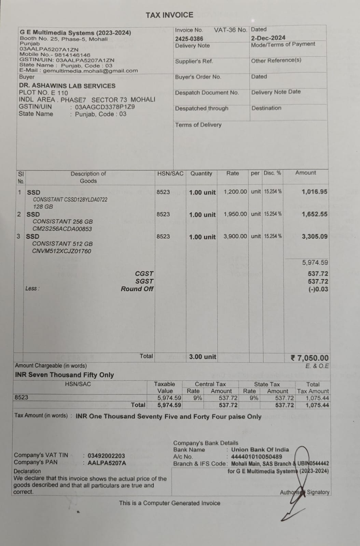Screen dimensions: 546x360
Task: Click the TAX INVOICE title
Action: pyautogui.click(x=169, y=15)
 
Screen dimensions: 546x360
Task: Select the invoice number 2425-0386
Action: pyautogui.click(x=189, y=39)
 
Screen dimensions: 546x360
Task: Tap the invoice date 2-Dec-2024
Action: pyautogui.click(x=268, y=38)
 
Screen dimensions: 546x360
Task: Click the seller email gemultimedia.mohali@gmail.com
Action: pyautogui.click(x=91, y=71)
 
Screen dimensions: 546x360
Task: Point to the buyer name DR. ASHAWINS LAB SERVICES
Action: pyautogui.click(x=67, y=86)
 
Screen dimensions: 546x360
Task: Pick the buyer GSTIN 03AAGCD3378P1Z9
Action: pyautogui.click(x=105, y=107)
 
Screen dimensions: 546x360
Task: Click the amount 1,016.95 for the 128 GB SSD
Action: pyautogui.click(x=314, y=192)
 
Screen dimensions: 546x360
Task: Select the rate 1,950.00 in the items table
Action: pyautogui.click(x=235, y=214)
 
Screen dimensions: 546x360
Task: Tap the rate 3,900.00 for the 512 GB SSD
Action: pyautogui.click(x=235, y=236)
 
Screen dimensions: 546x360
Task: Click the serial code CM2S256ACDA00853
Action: pyautogui.click(x=62, y=229)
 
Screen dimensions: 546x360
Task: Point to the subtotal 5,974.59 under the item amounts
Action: pyautogui.click(x=315, y=262)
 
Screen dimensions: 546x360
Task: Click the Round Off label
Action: pyautogui.click(x=137, y=289)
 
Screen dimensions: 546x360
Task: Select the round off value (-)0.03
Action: pyautogui.click(x=318, y=289)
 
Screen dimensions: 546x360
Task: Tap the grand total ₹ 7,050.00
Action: pyautogui.click(x=309, y=358)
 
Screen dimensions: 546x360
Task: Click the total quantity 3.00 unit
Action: pyautogui.click(x=203, y=357)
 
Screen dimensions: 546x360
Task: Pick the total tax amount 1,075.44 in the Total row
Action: pyautogui.click(x=317, y=405)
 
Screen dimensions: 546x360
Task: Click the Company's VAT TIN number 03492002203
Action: pyautogui.click(x=106, y=456)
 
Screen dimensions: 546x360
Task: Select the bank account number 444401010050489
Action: pyautogui.click(x=257, y=457)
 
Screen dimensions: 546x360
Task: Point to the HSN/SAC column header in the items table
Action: pyautogui.click(x=170, y=173)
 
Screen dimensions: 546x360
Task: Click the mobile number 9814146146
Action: pyautogui.click(x=72, y=55)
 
